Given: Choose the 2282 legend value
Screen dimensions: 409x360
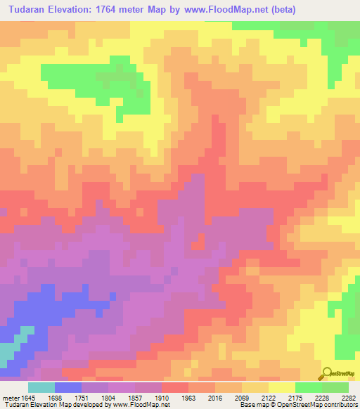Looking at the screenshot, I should pyautogui.click(x=349, y=398).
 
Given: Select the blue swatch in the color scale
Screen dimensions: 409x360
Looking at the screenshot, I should pyautogui.click(x=68, y=387).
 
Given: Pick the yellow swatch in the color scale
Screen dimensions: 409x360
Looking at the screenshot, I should pyautogui.click(x=281, y=387).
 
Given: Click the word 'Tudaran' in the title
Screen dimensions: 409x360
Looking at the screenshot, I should pyautogui.click(x=26, y=10).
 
